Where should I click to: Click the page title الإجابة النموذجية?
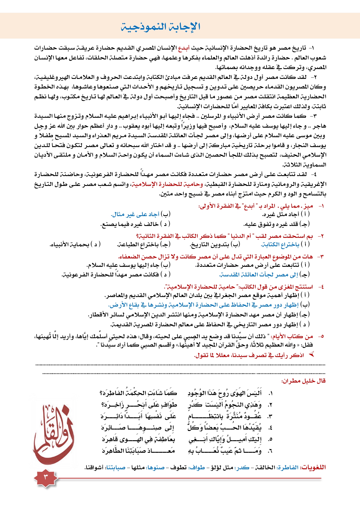(160, 27)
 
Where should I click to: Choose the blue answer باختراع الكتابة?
(280, 244)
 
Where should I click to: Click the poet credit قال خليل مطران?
(303, 381)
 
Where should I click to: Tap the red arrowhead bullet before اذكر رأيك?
(312, 354)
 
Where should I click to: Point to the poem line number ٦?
(270, 451)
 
